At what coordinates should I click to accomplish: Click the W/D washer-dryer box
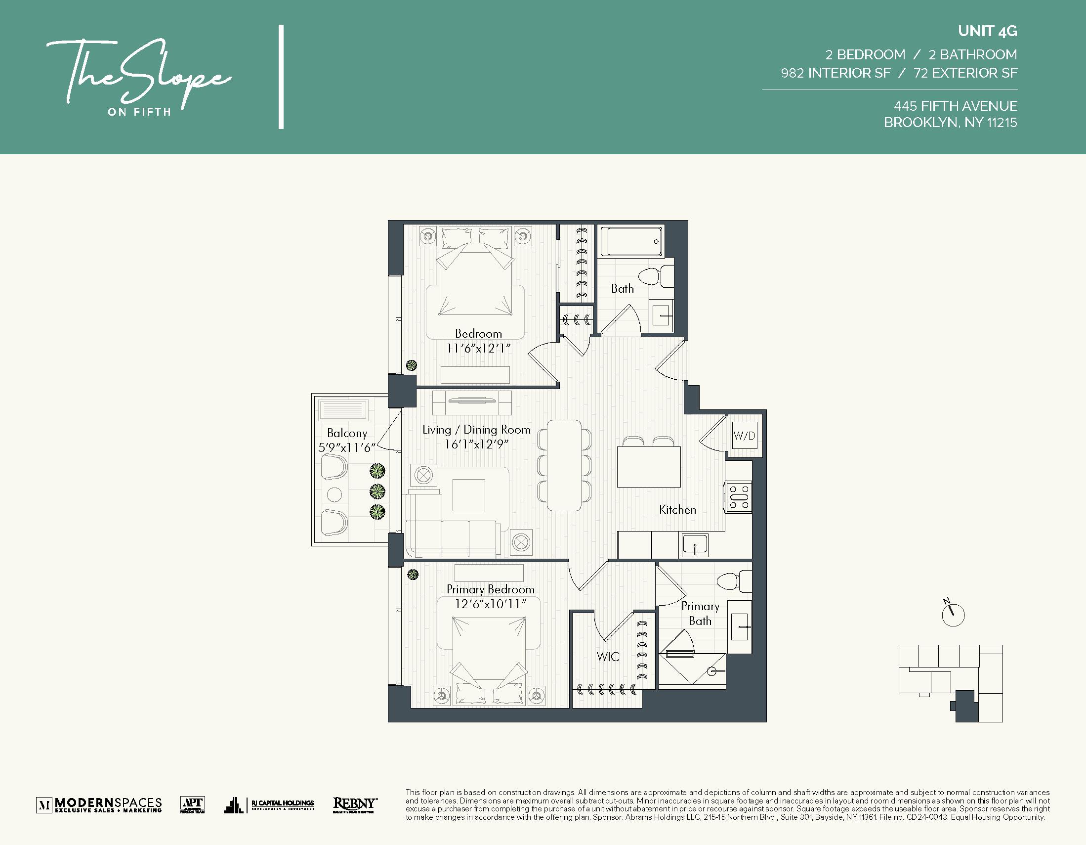coord(745,436)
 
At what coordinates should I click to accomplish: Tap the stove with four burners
coord(739,496)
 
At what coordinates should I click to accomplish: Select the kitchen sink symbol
coord(695,545)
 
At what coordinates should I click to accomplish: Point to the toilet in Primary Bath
coord(734,581)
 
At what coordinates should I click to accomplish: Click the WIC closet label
coord(608,657)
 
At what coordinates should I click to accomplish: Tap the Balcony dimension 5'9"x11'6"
coord(346,448)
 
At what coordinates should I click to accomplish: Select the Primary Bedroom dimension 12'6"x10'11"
coord(490,604)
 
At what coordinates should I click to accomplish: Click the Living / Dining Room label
coord(476,430)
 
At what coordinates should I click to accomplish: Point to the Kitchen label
coord(677,510)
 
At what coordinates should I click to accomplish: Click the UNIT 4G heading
coord(987,31)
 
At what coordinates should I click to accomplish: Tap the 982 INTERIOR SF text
coord(835,73)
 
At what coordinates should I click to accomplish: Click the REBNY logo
coord(355,804)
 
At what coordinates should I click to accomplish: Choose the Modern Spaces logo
coord(99,804)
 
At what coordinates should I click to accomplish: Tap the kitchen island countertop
coord(648,467)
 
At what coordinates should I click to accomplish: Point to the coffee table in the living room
coord(468,495)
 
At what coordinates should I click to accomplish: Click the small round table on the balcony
coord(334,494)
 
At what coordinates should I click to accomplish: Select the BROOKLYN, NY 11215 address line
coord(950,123)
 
